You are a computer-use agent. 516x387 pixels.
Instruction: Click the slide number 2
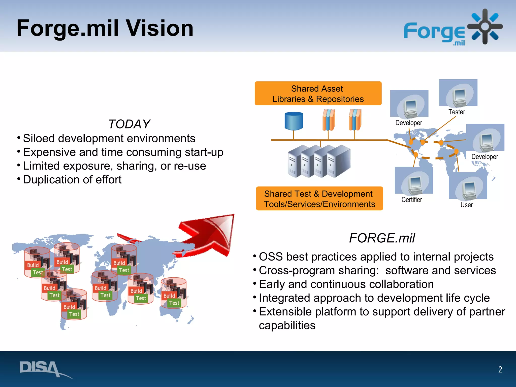coord(500,369)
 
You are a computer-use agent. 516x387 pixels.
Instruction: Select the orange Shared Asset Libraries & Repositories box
coord(318,93)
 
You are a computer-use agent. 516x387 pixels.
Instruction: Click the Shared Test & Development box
coord(319,199)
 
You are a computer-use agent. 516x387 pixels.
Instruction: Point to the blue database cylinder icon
coord(294,121)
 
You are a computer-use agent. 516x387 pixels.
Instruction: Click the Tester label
coord(457,112)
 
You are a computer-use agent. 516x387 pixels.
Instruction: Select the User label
coord(467,205)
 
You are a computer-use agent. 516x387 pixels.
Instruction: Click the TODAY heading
coord(129,124)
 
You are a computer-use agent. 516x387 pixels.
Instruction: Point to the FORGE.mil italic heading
coord(382,238)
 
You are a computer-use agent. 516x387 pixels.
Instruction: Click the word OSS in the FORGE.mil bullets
coord(271,257)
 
